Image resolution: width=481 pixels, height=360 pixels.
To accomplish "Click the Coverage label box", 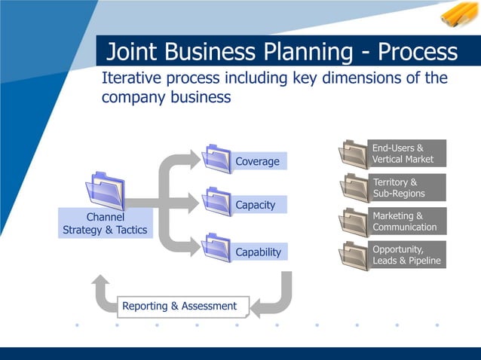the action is click(x=259, y=161).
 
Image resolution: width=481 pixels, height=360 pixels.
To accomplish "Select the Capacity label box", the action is click(x=259, y=204).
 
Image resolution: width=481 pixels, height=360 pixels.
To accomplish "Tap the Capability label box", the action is click(x=259, y=252).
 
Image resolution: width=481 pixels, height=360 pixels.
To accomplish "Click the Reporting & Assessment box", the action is click(x=183, y=307).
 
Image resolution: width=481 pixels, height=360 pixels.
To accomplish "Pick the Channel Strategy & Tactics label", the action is click(x=106, y=224).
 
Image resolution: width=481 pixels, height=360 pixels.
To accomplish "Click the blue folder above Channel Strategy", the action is click(x=106, y=191).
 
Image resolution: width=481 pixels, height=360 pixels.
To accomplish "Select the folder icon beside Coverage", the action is click(x=216, y=159).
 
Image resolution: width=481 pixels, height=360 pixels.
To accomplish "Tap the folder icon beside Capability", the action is click(x=216, y=248).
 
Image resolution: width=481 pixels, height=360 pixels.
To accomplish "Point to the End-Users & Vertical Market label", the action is click(x=407, y=153).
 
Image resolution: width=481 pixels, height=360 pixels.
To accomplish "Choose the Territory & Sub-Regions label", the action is click(x=407, y=188).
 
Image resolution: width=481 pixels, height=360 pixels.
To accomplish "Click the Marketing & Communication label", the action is click(x=407, y=221).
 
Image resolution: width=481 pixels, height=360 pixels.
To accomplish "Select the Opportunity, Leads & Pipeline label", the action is click(x=407, y=255).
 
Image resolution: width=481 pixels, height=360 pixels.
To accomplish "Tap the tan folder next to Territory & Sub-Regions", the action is click(x=354, y=188).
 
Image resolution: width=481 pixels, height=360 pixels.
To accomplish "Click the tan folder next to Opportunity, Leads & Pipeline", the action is click(x=354, y=256).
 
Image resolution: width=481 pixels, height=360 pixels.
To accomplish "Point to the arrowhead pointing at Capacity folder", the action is click(x=194, y=203).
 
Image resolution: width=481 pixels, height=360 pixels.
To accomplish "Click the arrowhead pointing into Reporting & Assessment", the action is click(x=256, y=307).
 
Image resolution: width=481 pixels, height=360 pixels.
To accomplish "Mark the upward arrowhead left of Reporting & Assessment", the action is click(x=100, y=279).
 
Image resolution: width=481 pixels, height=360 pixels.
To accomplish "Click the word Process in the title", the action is click(x=418, y=51).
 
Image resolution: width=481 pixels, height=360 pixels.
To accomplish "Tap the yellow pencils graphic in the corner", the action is click(x=459, y=14).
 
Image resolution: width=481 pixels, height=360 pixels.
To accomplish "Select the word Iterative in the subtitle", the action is click(x=131, y=78).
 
